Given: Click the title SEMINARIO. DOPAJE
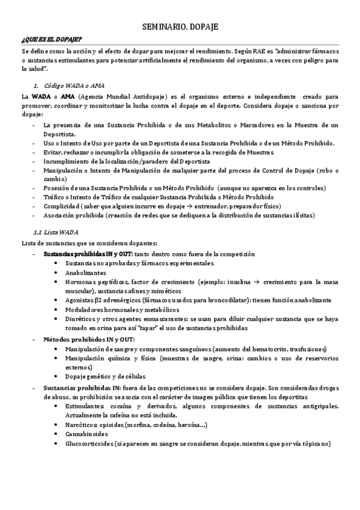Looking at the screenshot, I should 180,28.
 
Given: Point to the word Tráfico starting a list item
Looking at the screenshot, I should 54,197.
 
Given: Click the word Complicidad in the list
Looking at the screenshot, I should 61,206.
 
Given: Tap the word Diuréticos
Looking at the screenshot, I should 82,320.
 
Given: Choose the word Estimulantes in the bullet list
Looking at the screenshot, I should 85,406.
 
